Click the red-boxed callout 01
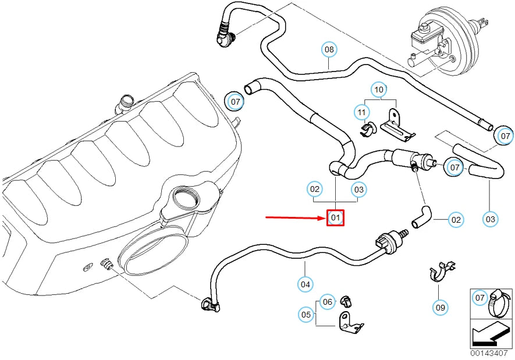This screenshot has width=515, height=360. tap(335, 218)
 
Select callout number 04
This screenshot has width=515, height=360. tap(305, 284)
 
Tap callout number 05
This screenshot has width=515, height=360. tap(306, 315)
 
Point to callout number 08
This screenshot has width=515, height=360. tap(329, 49)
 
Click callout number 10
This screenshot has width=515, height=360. tap(379, 90)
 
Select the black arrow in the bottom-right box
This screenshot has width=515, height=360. tap(491, 334)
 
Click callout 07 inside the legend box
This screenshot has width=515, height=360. tap(479, 298)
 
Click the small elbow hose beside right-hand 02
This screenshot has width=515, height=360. tap(421, 216)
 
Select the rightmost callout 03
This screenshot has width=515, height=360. tap(491, 219)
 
